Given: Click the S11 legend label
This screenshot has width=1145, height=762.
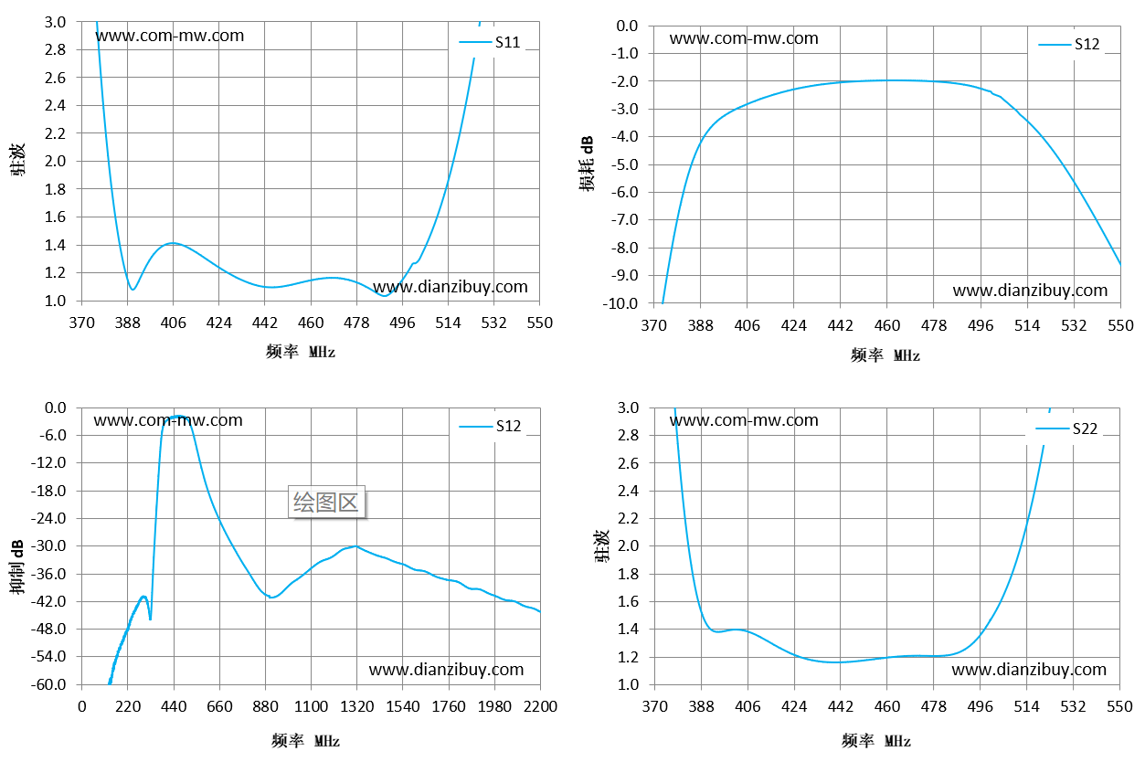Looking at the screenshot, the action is pos(507,42).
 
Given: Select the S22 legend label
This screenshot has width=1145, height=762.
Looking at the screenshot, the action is pos(1085,429).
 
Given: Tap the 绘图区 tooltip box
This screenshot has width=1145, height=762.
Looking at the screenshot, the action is pos(326,502).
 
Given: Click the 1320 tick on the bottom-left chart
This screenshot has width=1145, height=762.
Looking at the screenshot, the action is pos(356,706).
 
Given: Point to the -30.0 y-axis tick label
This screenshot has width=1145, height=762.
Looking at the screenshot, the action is pos(48,545).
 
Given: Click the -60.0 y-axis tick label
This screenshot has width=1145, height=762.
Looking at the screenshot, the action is pos(48,684).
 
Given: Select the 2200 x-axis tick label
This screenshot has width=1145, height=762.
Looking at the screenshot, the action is pos(540,706).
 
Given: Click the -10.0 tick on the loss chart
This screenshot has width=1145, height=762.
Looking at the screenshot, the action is pos(620,303).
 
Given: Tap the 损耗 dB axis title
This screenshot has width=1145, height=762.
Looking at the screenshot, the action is pos(587,164).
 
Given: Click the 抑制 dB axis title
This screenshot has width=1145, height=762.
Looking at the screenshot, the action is pos(16,566).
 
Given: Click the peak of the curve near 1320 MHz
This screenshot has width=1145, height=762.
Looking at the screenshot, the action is pos(356,546).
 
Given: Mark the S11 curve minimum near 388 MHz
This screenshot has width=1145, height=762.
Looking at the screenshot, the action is pos(133,290).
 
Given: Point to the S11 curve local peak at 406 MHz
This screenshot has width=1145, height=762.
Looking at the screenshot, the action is pos(173,243).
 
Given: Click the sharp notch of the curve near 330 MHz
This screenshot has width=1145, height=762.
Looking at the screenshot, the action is pos(150,619).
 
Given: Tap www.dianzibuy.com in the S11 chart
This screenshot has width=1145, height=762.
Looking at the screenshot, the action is pos(451,287).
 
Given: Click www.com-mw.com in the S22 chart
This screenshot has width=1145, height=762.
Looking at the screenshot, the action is pos(744,420).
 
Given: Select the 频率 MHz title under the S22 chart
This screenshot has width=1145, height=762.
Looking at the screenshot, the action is pos(876,741).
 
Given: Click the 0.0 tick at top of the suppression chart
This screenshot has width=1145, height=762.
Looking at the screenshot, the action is pos(55,407).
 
